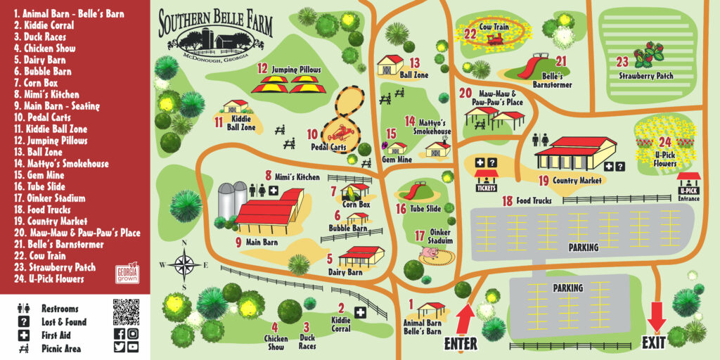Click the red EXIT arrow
click(x=657, y=314)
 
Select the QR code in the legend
click(x=126, y=311)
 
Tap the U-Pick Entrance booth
click(x=689, y=186)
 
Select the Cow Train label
click(x=494, y=26)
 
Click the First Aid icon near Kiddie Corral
click(x=360, y=312)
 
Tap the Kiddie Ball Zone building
click(x=236, y=107)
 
